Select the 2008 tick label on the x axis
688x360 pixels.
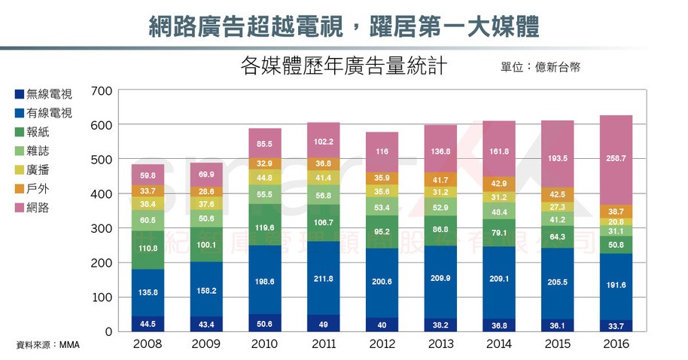pos(148,344)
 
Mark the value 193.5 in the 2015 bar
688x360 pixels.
pos(557,160)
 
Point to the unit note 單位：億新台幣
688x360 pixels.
pos(540,67)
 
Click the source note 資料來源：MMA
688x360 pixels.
pos(47,345)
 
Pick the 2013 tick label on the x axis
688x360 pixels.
pos(441,344)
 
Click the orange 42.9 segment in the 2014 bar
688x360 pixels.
pos(499,183)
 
